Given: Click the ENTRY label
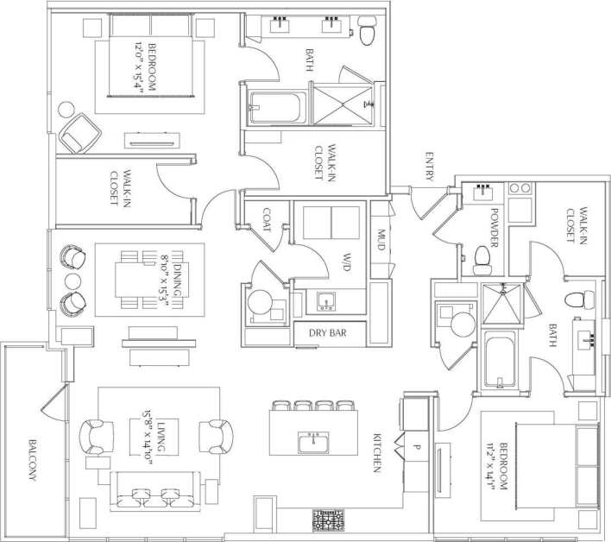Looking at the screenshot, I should coord(429,167).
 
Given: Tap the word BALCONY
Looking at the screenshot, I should coord(31,457).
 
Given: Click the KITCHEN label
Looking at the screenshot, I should coord(377,452).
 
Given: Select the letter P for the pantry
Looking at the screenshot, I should coord(416,447).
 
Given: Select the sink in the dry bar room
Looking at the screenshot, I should coord(325,301).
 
